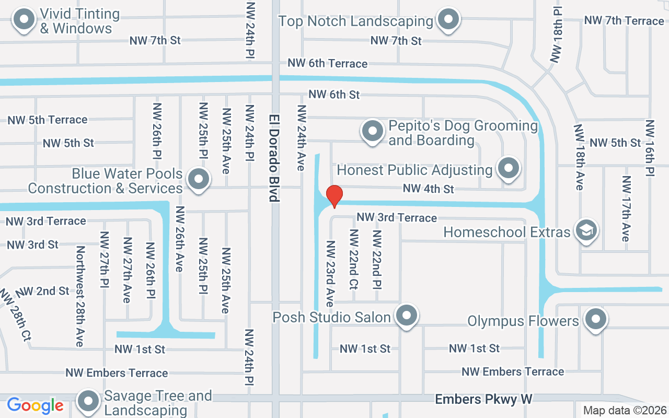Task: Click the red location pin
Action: point(334,196)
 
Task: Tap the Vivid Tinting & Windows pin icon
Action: point(24,20)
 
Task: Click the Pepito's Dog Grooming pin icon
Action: point(373,131)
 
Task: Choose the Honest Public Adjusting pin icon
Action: point(508,168)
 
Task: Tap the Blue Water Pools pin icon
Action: point(198,179)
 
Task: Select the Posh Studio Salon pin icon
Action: point(406,316)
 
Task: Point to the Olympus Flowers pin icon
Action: point(595,319)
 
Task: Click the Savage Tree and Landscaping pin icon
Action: point(88,401)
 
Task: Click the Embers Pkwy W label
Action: point(483,400)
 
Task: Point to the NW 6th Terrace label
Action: point(327,63)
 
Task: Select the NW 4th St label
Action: point(428,189)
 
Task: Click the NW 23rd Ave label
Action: point(330,273)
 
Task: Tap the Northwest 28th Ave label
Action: point(80,296)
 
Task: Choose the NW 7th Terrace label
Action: point(624,21)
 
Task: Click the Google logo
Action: point(35,405)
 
